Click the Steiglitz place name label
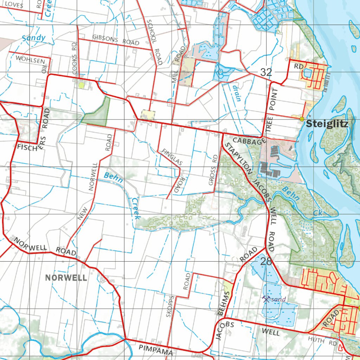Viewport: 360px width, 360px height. point(327,124)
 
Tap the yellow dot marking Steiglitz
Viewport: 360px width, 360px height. point(302,119)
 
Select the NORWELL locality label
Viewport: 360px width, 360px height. point(66,278)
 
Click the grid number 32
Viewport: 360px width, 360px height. point(266,72)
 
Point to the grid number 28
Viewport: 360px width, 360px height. point(266,261)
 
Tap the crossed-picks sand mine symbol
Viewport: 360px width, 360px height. point(266,299)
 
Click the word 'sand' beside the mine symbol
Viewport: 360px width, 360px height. point(279,299)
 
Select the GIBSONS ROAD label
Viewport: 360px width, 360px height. point(116,40)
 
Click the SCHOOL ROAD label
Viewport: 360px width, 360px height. point(155,42)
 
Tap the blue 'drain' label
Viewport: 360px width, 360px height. point(237,93)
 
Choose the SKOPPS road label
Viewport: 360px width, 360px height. point(170,306)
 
